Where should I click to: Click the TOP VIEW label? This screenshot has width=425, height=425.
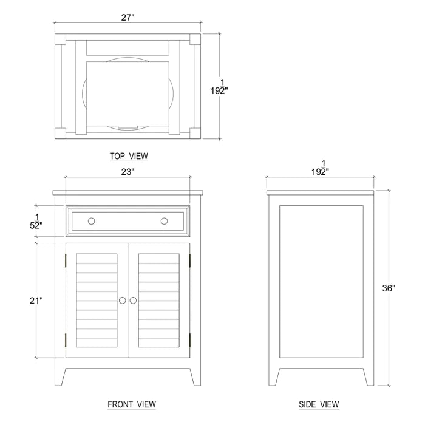(x=129, y=157)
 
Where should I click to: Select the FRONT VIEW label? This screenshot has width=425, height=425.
(x=132, y=404)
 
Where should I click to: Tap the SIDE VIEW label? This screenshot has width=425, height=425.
(x=319, y=404)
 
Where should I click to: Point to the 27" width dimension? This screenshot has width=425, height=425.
(x=127, y=18)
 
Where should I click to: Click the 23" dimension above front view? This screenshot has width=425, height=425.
(x=127, y=172)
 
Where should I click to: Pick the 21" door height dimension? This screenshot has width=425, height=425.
(x=36, y=300)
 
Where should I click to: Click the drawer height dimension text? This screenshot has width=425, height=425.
(x=37, y=221)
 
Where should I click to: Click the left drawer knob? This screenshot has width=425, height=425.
(x=91, y=221)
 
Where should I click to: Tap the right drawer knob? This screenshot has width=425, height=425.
(x=164, y=221)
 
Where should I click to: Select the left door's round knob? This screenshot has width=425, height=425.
(x=123, y=301)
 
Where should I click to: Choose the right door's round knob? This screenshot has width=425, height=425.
(x=134, y=301)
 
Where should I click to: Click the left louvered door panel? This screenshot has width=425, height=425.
(x=97, y=300)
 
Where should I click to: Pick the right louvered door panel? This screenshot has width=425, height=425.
(x=158, y=300)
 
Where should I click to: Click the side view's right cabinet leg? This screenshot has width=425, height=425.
(x=368, y=376)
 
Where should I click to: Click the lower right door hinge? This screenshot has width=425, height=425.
(x=191, y=339)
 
